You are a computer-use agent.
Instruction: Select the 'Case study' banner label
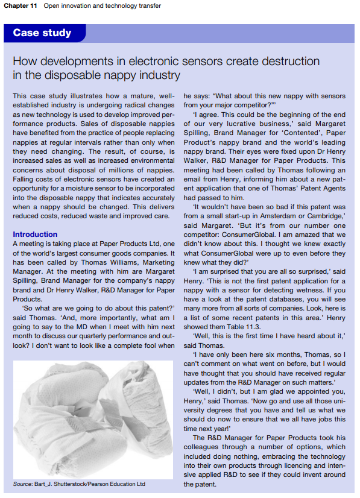[42, 33]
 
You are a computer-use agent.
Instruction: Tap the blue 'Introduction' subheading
[35, 234]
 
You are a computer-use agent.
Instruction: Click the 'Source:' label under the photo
[23, 484]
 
